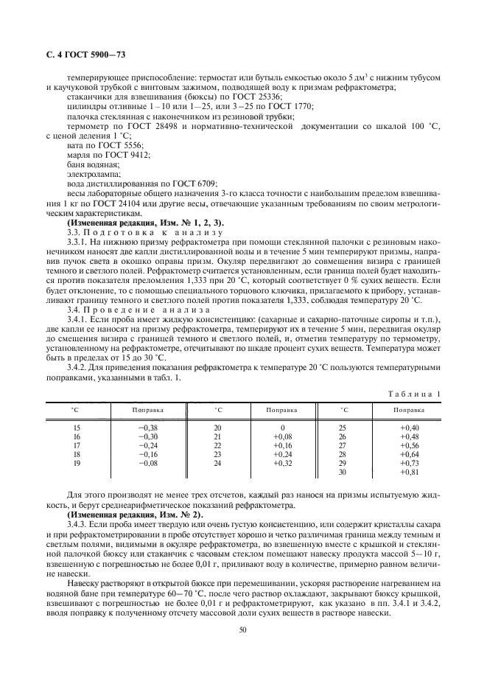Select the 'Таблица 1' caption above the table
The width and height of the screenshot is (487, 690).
[x=414, y=394]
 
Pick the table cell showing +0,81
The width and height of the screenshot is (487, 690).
[x=409, y=473]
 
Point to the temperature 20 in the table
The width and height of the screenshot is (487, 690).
[x=217, y=428]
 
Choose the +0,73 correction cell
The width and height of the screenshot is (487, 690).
[x=409, y=464]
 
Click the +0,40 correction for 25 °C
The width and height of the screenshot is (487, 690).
[x=409, y=428]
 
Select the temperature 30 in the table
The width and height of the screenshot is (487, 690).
[x=342, y=473]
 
